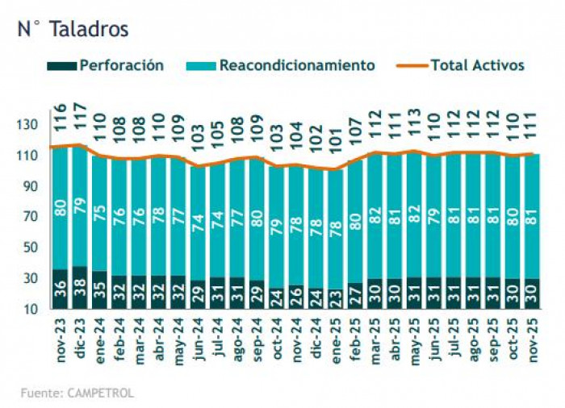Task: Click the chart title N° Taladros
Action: click(73, 29)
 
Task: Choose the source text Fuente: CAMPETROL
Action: click(77, 393)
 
